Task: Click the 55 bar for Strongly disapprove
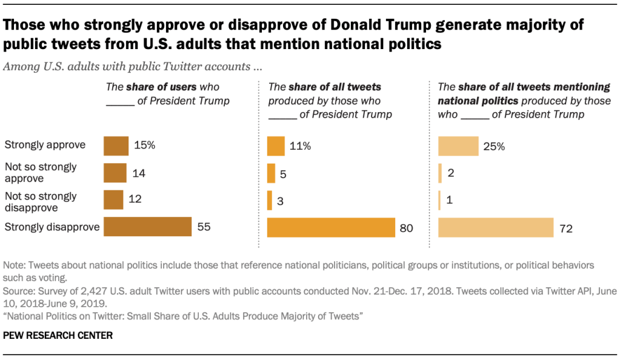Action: [x=147, y=227]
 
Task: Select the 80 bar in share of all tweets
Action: [x=331, y=227]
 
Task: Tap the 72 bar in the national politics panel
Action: [x=495, y=227]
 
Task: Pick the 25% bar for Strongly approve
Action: [x=458, y=146]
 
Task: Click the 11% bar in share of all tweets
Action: [x=276, y=146]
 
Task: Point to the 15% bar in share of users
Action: [x=116, y=146]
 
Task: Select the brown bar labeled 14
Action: [x=115, y=173]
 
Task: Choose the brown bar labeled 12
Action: [x=113, y=199]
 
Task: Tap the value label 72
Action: [x=567, y=228]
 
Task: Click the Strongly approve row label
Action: [x=45, y=145]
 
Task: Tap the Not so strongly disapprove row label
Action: [x=41, y=201]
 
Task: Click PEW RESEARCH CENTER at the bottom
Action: [x=58, y=335]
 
